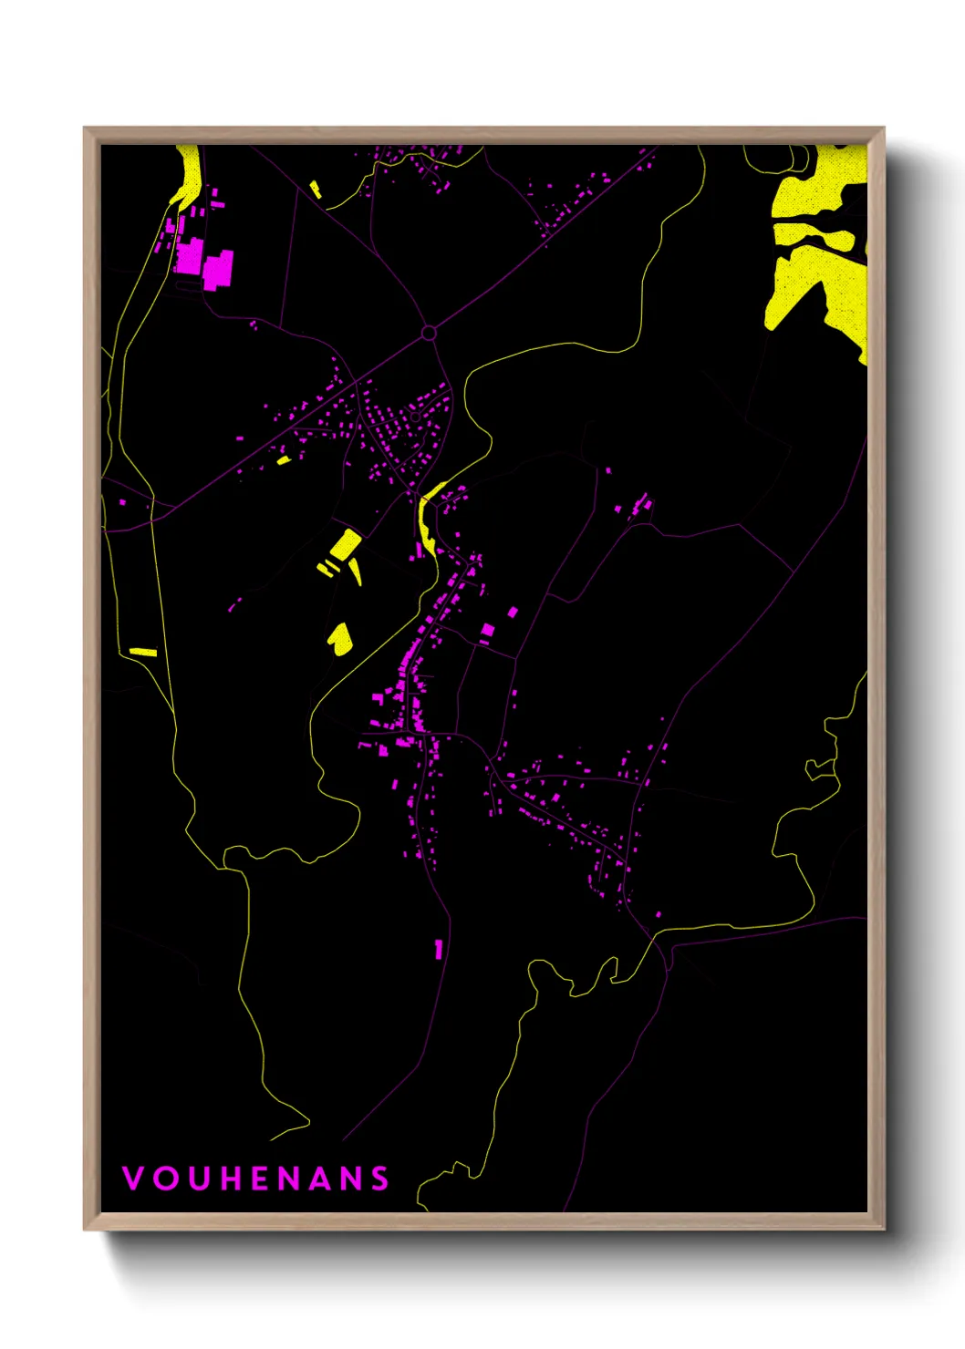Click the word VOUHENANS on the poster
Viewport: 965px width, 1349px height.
click(255, 1178)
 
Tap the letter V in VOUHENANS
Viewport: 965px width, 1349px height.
click(132, 1178)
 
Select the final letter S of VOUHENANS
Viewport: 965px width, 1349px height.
click(380, 1178)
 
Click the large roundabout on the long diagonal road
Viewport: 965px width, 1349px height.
click(429, 334)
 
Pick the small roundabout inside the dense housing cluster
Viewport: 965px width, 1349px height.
click(415, 417)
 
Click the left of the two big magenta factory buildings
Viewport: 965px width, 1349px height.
click(190, 255)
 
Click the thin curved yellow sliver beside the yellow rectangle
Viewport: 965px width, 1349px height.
click(355, 572)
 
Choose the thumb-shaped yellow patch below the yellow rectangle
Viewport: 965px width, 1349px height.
click(340, 638)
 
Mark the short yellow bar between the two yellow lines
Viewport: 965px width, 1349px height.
click(143, 652)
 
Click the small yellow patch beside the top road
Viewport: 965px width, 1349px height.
click(316, 190)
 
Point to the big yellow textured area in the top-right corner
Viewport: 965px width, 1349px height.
click(816, 246)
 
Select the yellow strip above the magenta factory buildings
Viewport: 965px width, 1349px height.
click(188, 178)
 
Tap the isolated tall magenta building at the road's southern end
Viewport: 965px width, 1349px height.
click(439, 949)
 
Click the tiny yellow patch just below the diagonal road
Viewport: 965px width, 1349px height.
click(284, 460)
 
